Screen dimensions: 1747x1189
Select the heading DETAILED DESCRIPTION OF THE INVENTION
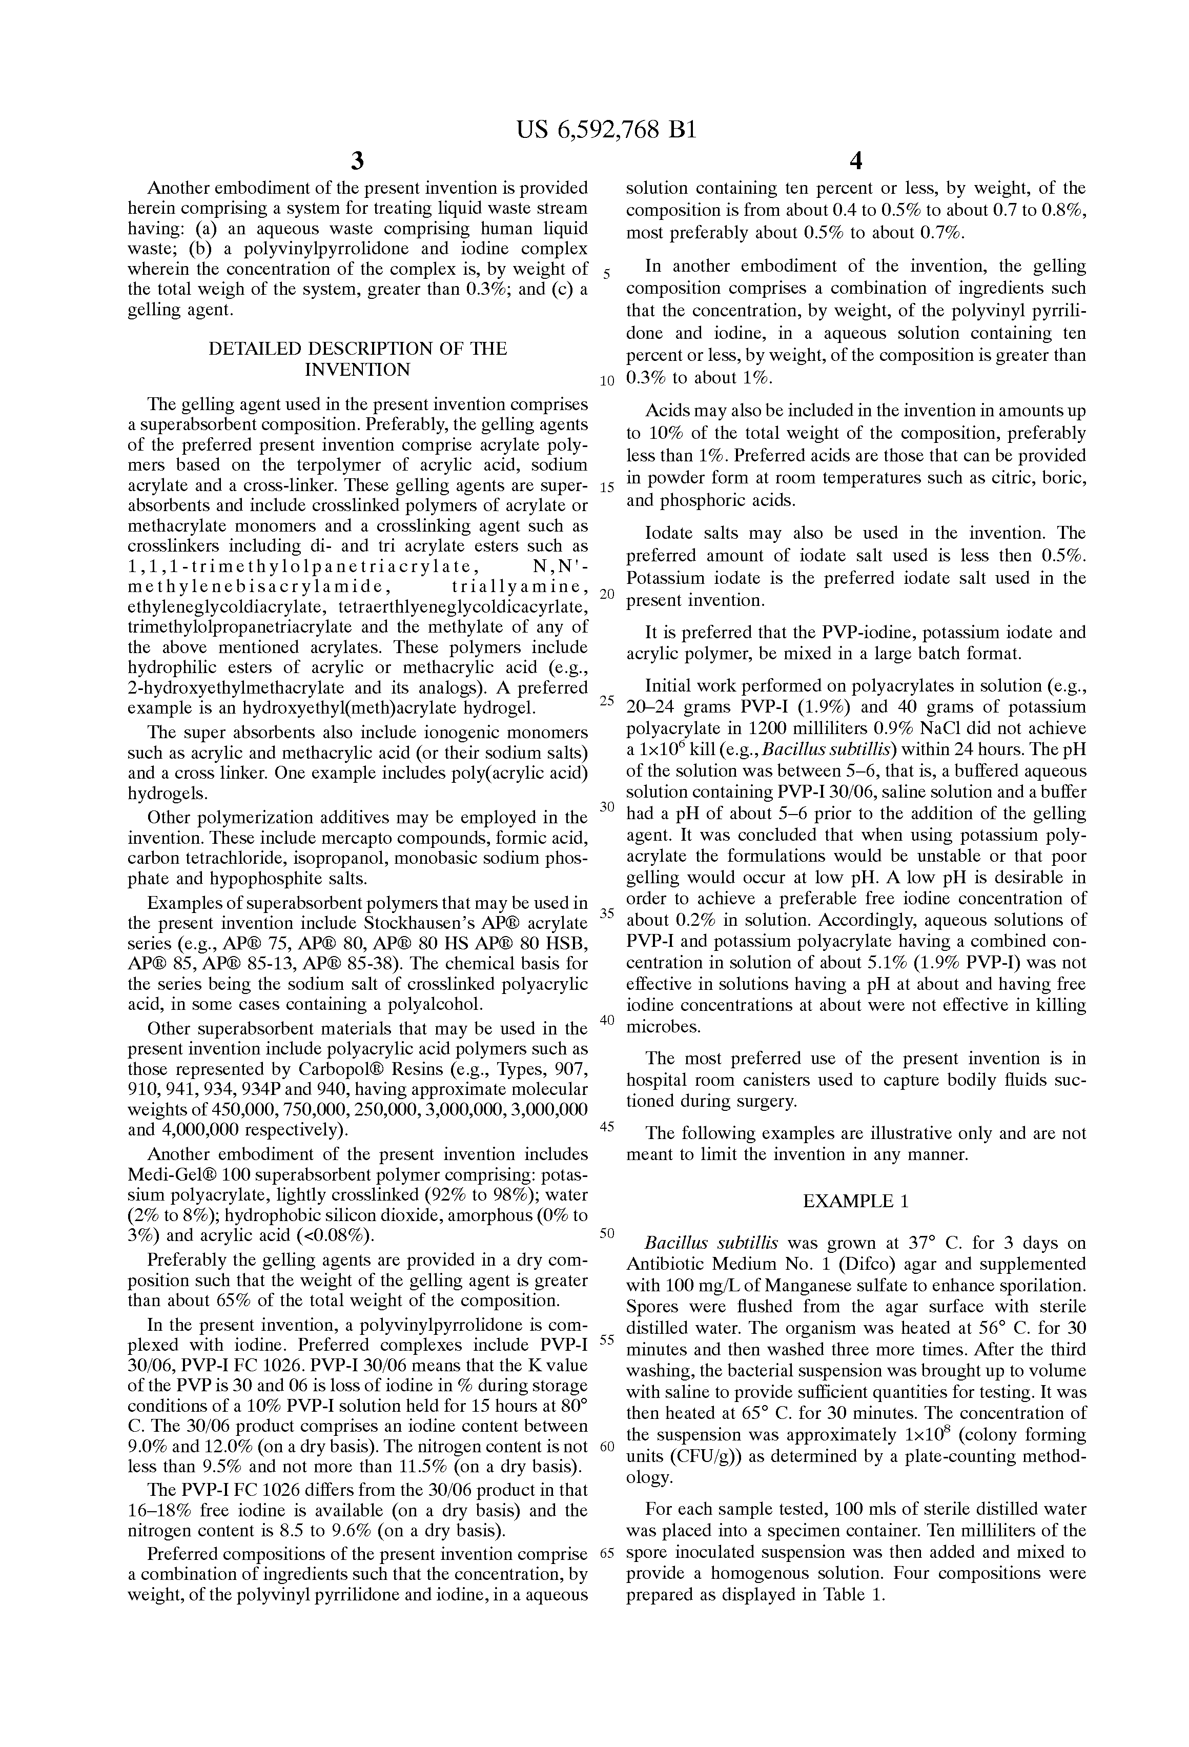pos(358,358)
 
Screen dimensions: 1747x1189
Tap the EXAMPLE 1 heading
pos(855,1201)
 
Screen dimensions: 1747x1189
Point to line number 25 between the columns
pos(607,701)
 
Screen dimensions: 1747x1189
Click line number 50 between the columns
pos(607,1233)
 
